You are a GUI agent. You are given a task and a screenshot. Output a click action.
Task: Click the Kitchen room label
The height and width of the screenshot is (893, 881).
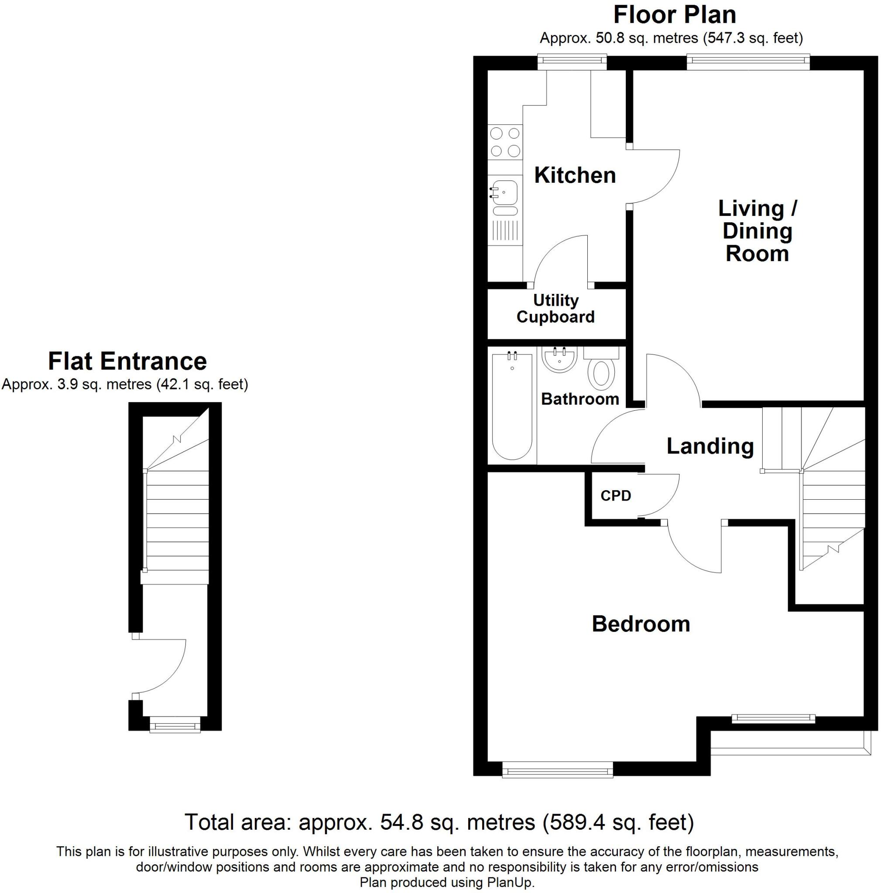(575, 175)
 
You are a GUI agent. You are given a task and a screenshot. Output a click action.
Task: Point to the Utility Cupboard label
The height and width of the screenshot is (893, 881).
(555, 309)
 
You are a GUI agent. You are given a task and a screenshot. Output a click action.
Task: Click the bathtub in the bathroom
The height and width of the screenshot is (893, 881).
(512, 406)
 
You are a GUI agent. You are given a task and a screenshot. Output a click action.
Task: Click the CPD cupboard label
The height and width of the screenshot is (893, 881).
(616, 496)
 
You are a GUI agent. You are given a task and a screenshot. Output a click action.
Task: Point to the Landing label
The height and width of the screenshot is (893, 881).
(710, 446)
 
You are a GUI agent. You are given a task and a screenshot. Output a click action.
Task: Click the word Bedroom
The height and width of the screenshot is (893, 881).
(641, 624)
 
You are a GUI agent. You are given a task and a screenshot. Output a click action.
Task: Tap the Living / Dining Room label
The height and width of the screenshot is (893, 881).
(757, 231)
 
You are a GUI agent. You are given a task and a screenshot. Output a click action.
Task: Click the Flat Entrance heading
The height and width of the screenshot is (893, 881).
(127, 361)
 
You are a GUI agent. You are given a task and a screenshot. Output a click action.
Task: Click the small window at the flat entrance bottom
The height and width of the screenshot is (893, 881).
(175, 724)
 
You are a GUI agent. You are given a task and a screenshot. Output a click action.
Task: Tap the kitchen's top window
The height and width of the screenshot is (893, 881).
(572, 61)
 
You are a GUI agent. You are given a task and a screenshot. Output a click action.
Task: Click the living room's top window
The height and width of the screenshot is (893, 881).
(748, 61)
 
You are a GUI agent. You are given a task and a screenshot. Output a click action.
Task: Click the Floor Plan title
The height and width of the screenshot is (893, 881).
(674, 15)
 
